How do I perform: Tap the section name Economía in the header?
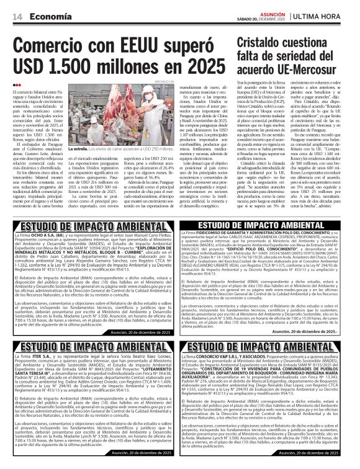click(50, 16)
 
